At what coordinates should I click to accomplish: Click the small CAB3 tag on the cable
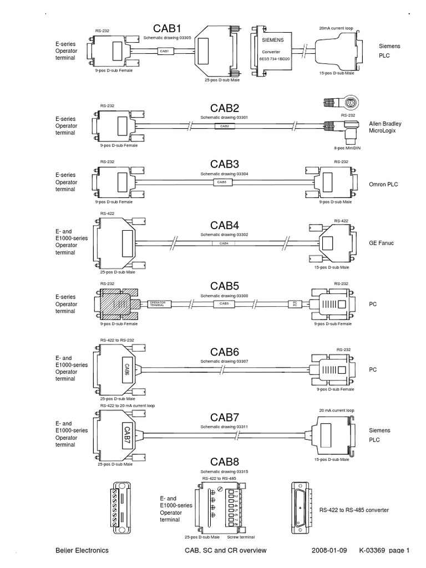coord(222,182)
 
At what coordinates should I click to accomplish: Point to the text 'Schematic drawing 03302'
coord(224,235)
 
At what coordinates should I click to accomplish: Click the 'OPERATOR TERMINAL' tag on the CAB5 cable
coord(161,303)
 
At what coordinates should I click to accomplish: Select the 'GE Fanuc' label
coord(382,243)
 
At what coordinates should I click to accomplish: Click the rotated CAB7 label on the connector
coord(126,434)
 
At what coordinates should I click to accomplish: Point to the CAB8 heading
coord(224,461)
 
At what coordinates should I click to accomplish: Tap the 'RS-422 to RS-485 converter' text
coord(354,510)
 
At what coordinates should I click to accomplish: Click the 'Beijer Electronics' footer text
coord(82,550)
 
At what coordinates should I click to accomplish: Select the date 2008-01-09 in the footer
coord(329,550)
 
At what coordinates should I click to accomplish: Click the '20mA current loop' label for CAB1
coord(336,28)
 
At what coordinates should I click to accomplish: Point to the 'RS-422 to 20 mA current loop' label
coord(128,405)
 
